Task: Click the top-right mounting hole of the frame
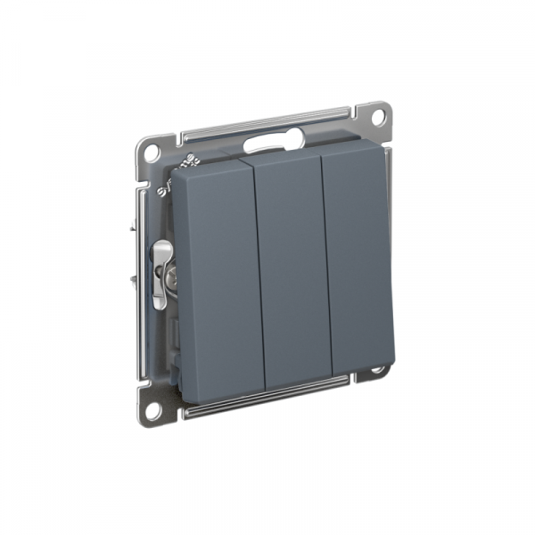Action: click(x=377, y=116)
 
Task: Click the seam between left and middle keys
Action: click(x=259, y=267)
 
